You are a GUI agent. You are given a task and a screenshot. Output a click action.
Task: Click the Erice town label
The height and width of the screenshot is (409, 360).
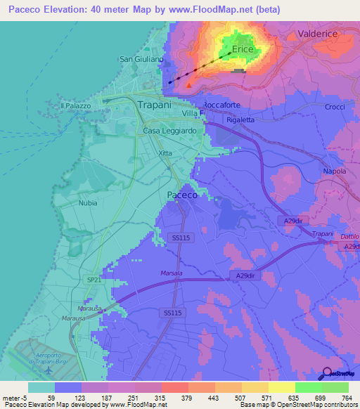click(x=242, y=50)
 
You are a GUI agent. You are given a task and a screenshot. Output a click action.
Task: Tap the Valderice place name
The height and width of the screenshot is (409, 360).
click(x=318, y=33)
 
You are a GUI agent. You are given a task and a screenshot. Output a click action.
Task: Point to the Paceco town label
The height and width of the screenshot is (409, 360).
click(x=181, y=195)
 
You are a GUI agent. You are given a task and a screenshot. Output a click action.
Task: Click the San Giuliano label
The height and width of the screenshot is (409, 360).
click(x=141, y=59)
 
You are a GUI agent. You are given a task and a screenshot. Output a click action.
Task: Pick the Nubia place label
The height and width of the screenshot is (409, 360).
click(x=88, y=202)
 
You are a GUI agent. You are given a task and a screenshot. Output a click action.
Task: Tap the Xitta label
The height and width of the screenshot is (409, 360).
click(x=165, y=152)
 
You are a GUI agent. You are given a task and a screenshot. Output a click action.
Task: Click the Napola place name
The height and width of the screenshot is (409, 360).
click(x=334, y=171)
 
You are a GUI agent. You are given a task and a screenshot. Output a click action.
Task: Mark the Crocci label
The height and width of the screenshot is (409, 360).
click(x=335, y=107)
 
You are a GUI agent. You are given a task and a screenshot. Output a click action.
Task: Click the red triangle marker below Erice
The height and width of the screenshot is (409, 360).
click(x=188, y=86)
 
